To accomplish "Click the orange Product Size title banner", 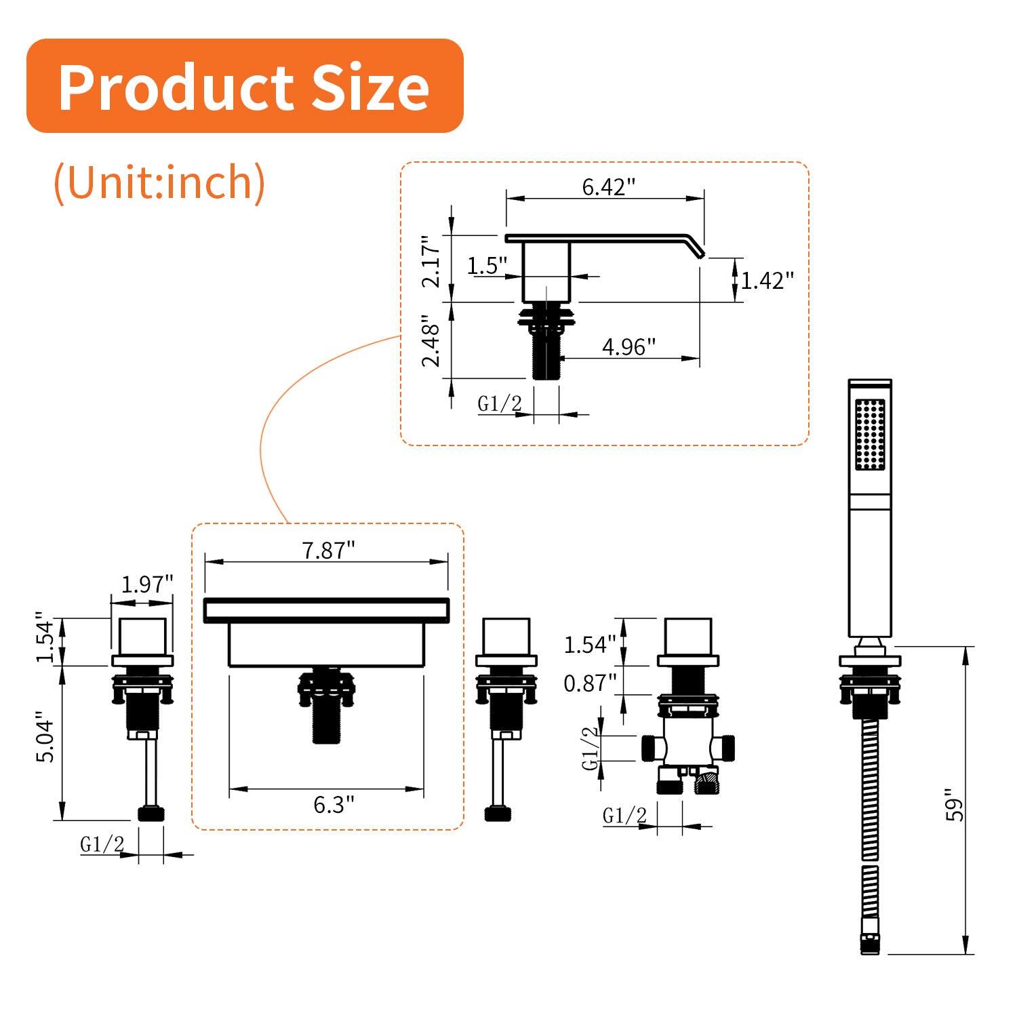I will tap(244, 86).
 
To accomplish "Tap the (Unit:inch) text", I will tap(159, 182).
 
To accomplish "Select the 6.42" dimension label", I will tap(608, 186).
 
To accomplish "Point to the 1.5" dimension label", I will tap(487, 265).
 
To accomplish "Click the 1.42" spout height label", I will tap(766, 280).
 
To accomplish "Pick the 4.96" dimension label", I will tap(629, 346).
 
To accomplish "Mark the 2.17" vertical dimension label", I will tap(432, 262).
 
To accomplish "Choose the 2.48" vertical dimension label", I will tap(432, 341).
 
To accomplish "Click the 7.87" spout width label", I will tap(328, 550).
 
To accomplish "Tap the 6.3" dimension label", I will tap(334, 805).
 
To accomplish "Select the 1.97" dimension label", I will tap(147, 584).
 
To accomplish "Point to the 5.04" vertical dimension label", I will tap(45, 737).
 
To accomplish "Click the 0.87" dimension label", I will tap(590, 683).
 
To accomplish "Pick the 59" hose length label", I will tap(955, 805).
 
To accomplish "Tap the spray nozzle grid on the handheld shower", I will tap(870, 434).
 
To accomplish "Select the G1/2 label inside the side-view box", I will tap(500, 404).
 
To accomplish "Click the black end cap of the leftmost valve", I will tap(151, 814).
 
